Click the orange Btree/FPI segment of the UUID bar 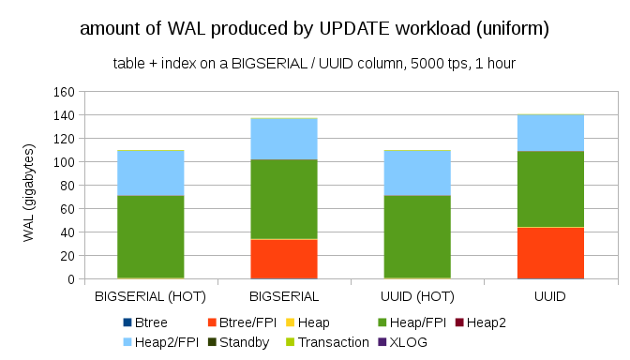tap(550, 253)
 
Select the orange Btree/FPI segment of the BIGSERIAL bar tap(283, 259)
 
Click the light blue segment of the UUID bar tap(550, 132)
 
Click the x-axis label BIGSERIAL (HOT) tap(150, 295)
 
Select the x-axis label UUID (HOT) tap(416, 295)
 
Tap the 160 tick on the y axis tap(64, 92)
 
